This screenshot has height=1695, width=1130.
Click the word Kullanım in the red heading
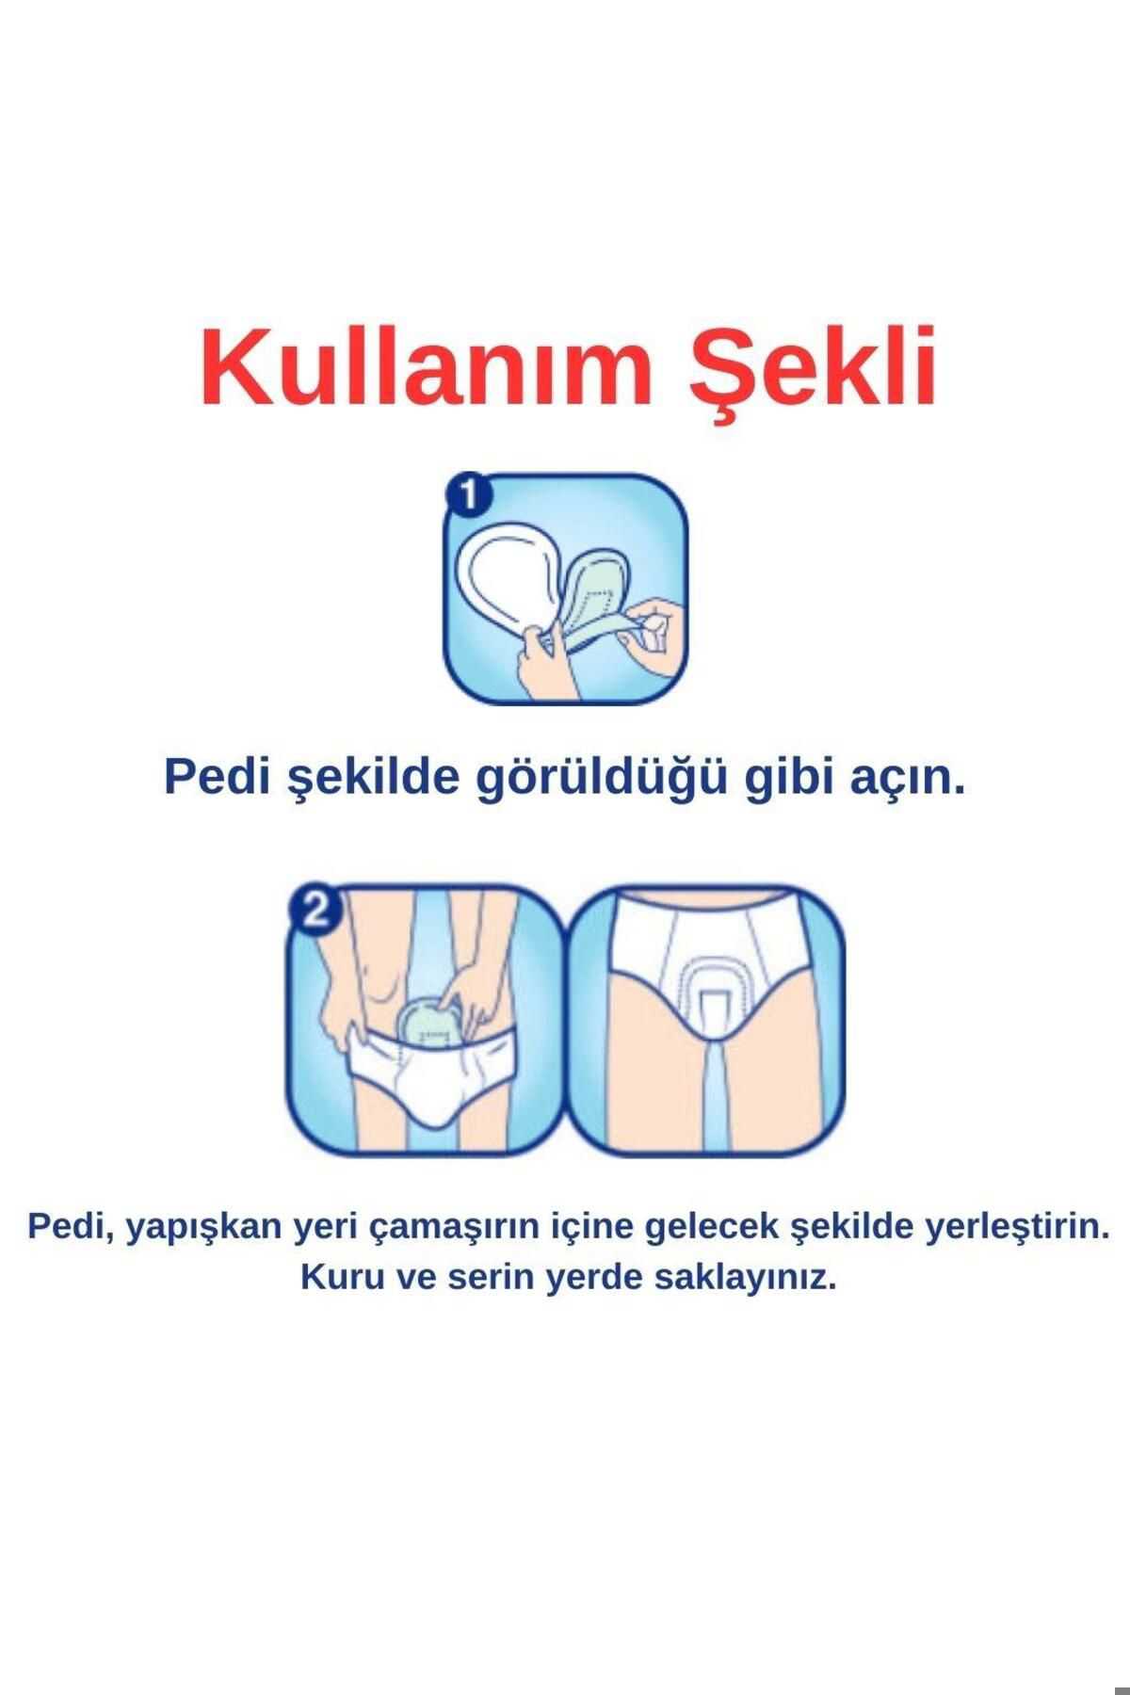click(425, 366)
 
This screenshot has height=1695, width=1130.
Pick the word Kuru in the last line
click(333, 1280)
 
